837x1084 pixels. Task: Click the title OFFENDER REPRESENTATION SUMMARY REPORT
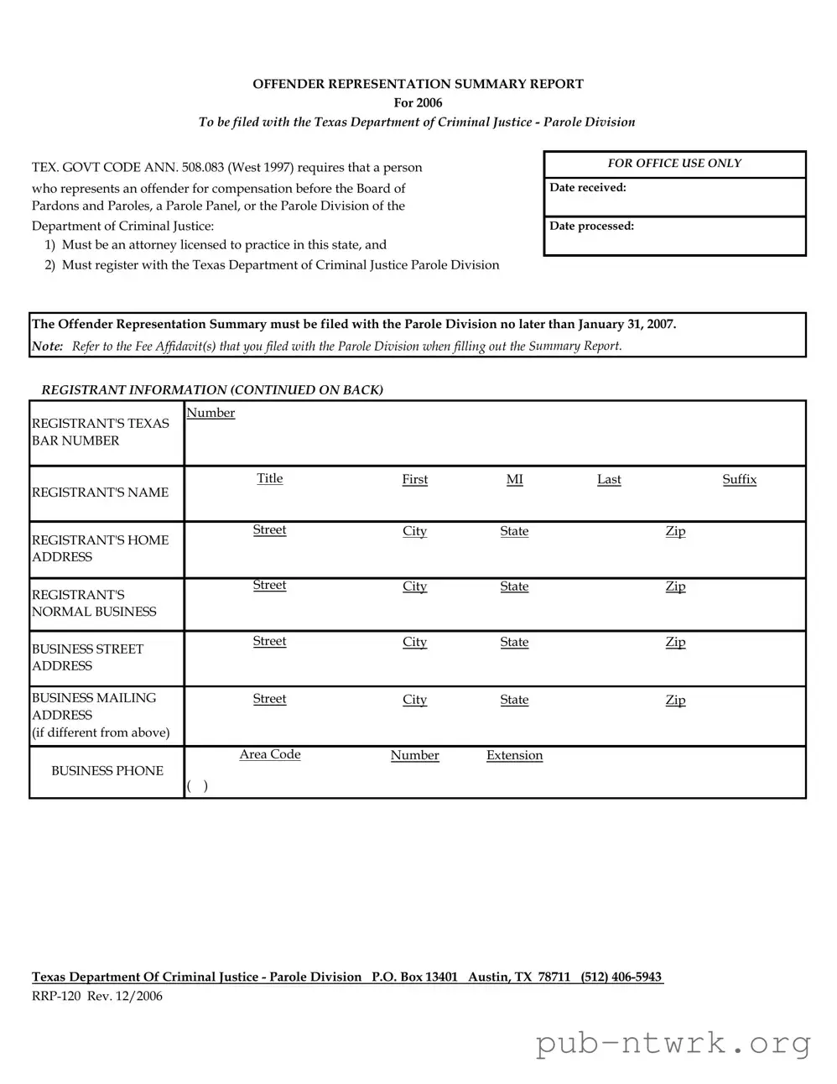[418, 84]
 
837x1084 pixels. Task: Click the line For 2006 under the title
[418, 103]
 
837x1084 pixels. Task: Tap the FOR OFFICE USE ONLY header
[674, 164]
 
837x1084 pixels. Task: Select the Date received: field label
[587, 188]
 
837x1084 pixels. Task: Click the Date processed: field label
[591, 227]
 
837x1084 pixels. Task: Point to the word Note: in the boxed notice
[47, 347]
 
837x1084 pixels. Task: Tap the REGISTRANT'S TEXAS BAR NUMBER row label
[100, 432]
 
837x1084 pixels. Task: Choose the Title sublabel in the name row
[269, 479]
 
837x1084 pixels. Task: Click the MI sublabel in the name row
[514, 480]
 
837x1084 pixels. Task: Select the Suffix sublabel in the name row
[739, 480]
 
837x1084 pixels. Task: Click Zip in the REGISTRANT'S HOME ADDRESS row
[675, 532]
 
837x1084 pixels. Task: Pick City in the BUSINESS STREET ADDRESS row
[414, 643]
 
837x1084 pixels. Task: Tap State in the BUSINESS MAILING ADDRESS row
[514, 701]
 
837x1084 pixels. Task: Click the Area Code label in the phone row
[269, 755]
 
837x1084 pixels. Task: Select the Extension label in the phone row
[514, 756]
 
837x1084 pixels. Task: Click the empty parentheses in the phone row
[197, 786]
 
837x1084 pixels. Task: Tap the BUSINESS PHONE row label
[107, 771]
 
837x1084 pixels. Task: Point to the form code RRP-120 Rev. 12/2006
[97, 997]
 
